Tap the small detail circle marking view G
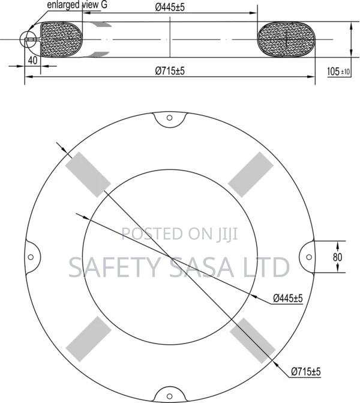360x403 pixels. [x=28, y=40]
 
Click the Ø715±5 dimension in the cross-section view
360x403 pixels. [x=170, y=71]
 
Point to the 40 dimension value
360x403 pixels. [x=32, y=61]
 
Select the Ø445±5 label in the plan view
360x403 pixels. [x=288, y=298]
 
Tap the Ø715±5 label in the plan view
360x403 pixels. [x=306, y=372]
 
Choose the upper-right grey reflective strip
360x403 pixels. [x=247, y=174]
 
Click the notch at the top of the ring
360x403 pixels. [x=168, y=120]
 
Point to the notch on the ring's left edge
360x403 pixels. [x=32, y=256]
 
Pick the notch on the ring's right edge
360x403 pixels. [x=305, y=256]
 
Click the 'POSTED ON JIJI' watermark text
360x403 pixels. [x=180, y=233]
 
